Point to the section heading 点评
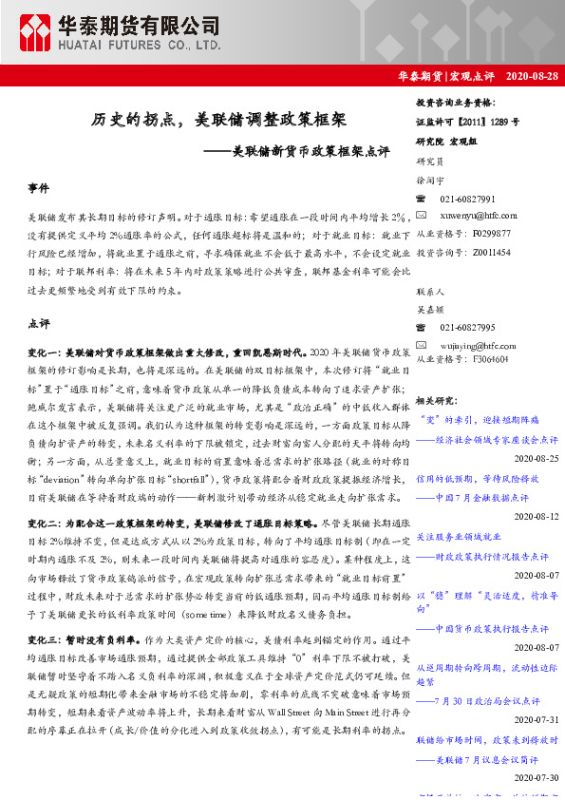tap(39, 324)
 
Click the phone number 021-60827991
tap(467, 200)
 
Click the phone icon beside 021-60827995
tap(422, 328)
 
